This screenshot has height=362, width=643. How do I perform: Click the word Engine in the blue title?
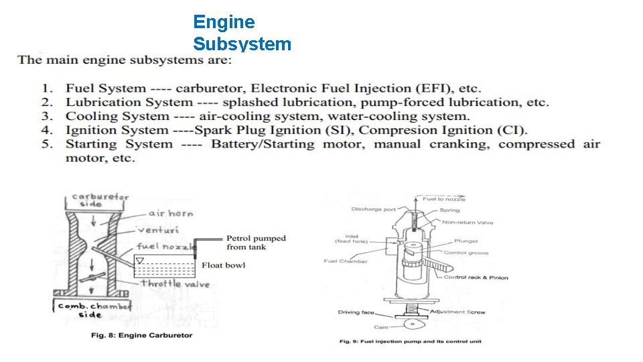(x=224, y=22)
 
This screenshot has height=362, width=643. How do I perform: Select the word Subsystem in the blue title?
(x=242, y=44)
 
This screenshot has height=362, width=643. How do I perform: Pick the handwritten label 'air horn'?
(x=170, y=213)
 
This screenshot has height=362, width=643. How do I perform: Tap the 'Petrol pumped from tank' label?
(x=256, y=242)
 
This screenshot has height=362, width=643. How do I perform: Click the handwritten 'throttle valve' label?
(x=175, y=284)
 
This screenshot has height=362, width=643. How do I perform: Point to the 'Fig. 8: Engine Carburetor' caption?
(x=141, y=335)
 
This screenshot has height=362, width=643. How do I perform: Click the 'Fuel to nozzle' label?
(x=444, y=199)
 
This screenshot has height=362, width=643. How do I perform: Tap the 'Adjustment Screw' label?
(x=457, y=312)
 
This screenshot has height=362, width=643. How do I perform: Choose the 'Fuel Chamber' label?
(x=345, y=261)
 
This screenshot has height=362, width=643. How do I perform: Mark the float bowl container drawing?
(x=163, y=267)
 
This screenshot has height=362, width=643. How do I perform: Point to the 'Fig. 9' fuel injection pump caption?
(x=410, y=341)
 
